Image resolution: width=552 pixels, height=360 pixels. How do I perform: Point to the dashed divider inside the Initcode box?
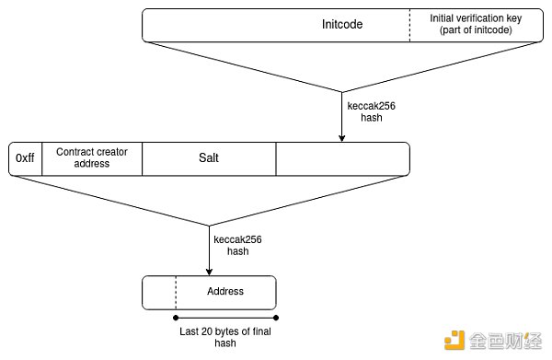click(410, 26)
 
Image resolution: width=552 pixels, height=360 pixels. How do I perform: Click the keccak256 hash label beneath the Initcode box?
click(371, 111)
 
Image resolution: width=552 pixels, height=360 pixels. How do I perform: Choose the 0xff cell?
click(25, 158)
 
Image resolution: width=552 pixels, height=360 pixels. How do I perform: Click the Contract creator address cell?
click(83, 157)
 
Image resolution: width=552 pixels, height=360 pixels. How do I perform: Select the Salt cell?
click(209, 158)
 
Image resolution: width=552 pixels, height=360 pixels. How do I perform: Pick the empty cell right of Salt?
click(341, 158)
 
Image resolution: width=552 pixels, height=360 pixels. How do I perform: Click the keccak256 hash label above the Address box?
click(237, 245)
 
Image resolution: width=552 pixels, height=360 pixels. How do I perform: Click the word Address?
click(225, 292)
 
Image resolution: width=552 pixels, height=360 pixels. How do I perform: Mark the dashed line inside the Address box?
click(175, 292)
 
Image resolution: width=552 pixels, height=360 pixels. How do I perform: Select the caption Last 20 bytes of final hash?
click(224, 337)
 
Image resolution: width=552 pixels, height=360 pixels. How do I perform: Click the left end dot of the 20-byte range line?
click(175, 319)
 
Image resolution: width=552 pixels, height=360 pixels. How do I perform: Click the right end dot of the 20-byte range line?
click(274, 319)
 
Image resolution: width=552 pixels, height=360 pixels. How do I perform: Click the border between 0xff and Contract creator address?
click(40, 158)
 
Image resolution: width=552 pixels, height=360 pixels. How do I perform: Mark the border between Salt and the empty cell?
click(276, 158)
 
